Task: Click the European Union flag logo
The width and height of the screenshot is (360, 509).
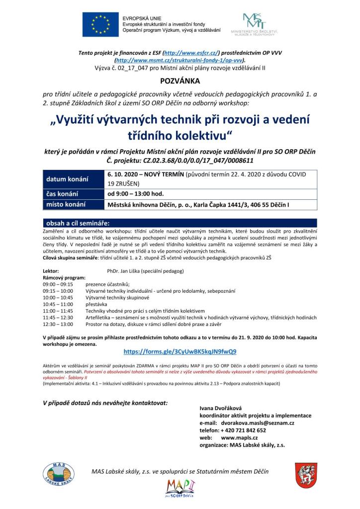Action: click(x=100, y=25)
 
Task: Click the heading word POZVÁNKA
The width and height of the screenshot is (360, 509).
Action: click(x=180, y=80)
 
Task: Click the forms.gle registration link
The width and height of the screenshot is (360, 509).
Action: click(x=180, y=351)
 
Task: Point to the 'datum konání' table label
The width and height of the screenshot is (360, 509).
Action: click(x=67, y=179)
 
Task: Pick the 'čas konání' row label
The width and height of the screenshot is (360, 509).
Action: click(x=65, y=194)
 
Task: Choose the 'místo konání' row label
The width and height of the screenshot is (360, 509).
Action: click(x=66, y=204)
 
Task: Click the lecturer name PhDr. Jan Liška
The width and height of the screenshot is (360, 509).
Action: click(x=145, y=271)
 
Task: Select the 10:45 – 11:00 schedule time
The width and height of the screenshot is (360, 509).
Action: click(x=58, y=304)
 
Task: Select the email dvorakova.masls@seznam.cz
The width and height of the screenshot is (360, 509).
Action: click(x=259, y=423)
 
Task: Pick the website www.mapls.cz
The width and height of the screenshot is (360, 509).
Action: click(x=239, y=438)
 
